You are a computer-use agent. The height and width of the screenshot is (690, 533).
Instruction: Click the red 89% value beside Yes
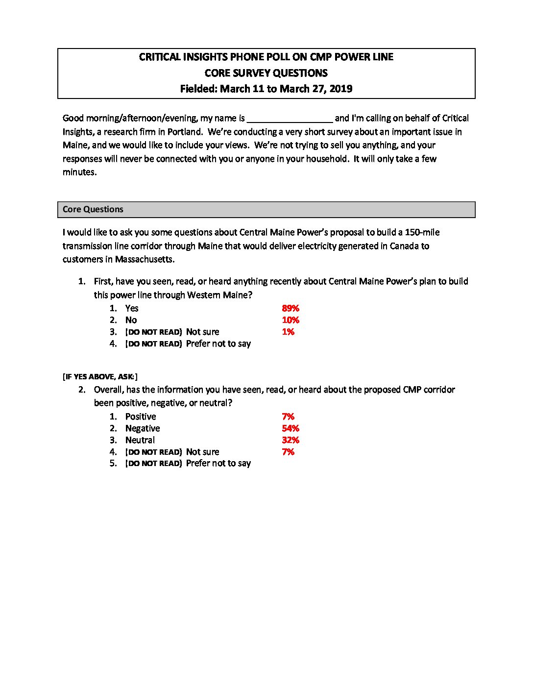click(291, 308)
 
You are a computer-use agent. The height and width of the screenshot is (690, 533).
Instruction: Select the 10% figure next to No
click(291, 320)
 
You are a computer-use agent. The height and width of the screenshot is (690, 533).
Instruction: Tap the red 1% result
click(288, 332)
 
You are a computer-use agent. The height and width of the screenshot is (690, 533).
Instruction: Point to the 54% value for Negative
click(291, 428)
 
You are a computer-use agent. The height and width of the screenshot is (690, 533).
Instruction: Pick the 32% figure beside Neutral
click(291, 440)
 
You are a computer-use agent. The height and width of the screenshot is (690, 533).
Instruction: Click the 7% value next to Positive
click(288, 417)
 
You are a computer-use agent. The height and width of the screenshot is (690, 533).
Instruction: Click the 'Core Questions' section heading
click(93, 209)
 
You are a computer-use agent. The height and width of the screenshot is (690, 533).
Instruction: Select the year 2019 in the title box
click(340, 89)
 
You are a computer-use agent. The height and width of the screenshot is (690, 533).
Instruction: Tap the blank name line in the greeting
click(290, 119)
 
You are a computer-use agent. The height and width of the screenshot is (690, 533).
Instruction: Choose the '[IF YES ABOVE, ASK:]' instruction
click(100, 376)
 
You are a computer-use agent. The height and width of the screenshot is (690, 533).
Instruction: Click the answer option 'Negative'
click(143, 428)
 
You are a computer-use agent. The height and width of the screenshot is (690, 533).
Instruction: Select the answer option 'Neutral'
click(140, 440)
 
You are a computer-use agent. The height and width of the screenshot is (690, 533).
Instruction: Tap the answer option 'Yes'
click(132, 308)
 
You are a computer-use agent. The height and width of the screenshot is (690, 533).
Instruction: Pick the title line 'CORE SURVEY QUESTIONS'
click(266, 73)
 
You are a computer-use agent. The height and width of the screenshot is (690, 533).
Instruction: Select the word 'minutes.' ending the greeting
click(80, 172)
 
